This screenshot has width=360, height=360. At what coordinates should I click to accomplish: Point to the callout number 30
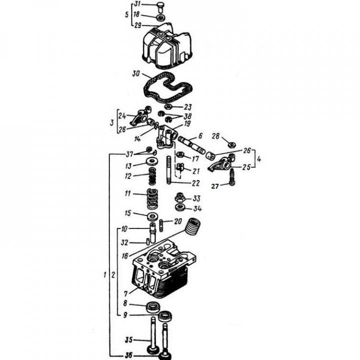point(135,73)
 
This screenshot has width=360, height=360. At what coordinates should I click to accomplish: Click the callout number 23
point(188,106)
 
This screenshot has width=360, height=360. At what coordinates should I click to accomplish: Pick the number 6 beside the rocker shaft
point(199,135)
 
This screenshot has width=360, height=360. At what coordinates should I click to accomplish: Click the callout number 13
point(128,165)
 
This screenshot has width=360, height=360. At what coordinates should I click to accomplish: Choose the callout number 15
point(128,213)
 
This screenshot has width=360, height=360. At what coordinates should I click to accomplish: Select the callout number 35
point(128,340)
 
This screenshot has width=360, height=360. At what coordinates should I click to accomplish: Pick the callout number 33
point(196,198)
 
